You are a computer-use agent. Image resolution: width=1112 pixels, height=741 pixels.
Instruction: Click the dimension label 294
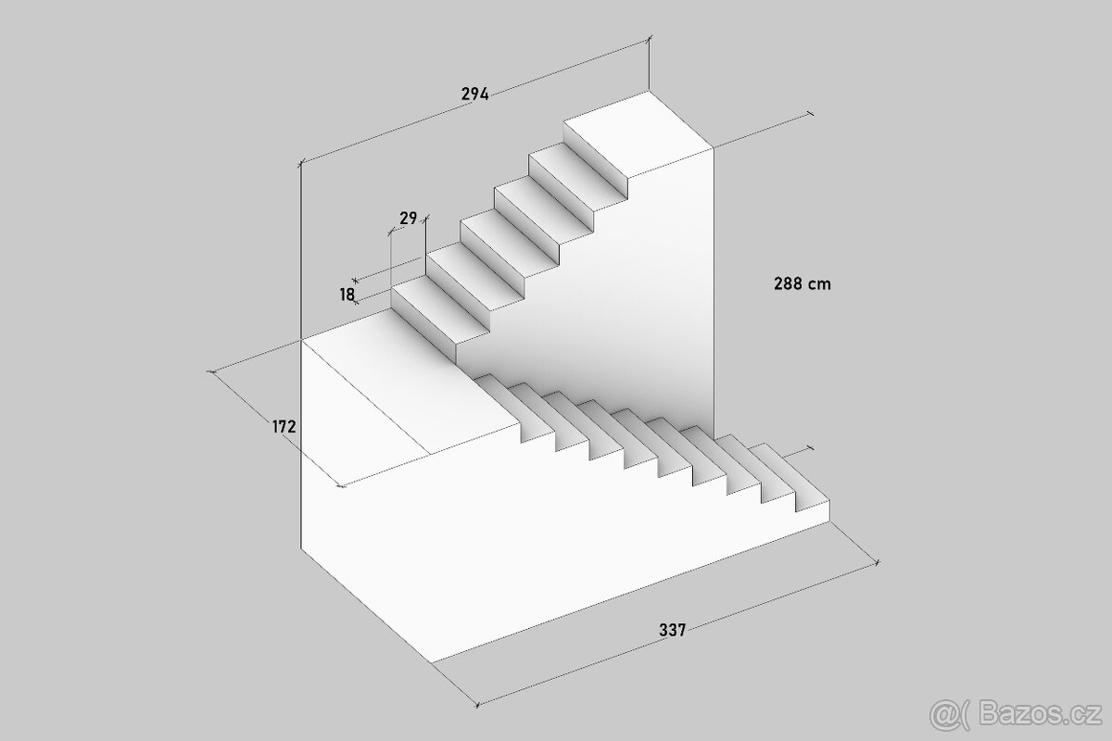pyautogui.click(x=475, y=94)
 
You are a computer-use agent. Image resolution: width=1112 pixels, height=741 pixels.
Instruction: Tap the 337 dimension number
pyautogui.click(x=672, y=631)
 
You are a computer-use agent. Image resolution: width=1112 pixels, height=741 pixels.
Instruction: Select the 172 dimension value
pyautogui.click(x=284, y=426)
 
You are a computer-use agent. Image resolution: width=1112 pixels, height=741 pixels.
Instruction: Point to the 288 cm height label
pyautogui.click(x=802, y=283)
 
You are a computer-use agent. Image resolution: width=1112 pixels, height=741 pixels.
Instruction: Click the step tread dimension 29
pyautogui.click(x=408, y=219)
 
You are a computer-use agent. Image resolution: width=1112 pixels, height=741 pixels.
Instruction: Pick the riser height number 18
pyautogui.click(x=347, y=295)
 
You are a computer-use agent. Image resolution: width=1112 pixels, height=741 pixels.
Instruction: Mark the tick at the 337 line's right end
pyautogui.click(x=878, y=563)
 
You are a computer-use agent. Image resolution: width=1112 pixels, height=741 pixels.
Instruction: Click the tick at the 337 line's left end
pyautogui.click(x=477, y=704)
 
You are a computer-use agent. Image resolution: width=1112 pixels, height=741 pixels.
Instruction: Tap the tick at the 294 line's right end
pyautogui.click(x=650, y=38)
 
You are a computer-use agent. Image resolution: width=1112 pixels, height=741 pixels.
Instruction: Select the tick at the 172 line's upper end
pyautogui.click(x=212, y=371)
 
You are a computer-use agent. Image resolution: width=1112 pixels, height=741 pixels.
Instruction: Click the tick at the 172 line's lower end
pyautogui.click(x=341, y=485)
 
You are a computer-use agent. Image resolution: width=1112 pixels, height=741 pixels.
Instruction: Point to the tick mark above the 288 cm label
pyautogui.click(x=811, y=114)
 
